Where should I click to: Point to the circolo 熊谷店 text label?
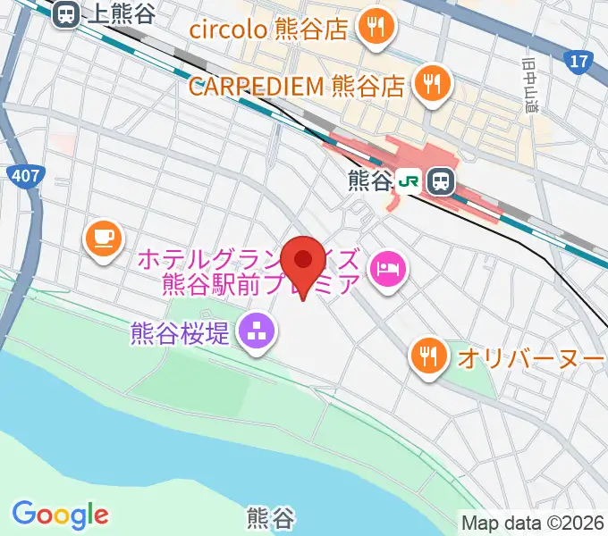point(268,29)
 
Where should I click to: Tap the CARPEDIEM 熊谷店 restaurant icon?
point(433,85)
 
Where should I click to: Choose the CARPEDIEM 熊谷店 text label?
point(300,87)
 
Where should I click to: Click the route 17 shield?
point(579,61)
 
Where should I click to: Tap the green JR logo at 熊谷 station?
point(410,181)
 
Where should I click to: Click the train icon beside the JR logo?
point(441,181)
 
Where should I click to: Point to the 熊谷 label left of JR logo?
point(369,181)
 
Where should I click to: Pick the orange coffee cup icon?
point(103,238)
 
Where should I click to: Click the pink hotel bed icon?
point(389,265)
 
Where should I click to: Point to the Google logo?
point(61,515)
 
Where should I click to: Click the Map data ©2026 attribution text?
point(533,523)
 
